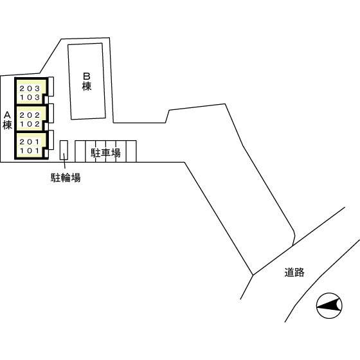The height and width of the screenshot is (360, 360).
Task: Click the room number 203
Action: point(30,89)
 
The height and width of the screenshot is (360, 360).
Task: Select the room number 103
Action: point(30,97)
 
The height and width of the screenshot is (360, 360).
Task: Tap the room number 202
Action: point(30,115)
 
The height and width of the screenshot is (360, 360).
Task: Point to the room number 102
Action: point(30,124)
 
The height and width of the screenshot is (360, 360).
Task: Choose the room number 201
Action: point(30,142)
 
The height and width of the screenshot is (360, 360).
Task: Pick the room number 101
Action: point(30,151)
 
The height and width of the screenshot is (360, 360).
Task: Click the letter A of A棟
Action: point(7,115)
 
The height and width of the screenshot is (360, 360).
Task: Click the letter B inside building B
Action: point(87,76)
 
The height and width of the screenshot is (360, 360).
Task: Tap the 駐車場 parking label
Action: point(105,153)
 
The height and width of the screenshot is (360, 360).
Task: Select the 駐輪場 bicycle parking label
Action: point(66,177)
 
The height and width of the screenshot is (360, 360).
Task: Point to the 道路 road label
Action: point(294,273)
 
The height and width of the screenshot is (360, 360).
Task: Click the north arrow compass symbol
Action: point(329,305)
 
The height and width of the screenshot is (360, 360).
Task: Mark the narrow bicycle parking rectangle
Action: point(64,150)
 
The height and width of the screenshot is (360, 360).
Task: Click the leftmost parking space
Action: point(80,151)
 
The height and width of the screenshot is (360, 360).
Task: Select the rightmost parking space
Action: point(131,151)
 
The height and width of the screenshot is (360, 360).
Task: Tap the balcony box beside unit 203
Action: point(51,86)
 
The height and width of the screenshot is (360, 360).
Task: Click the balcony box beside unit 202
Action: point(51,113)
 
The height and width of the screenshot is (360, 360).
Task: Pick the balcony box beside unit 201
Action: point(51,140)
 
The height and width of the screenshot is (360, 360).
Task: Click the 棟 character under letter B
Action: point(87,86)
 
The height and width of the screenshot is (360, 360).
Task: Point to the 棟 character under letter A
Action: point(7,125)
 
